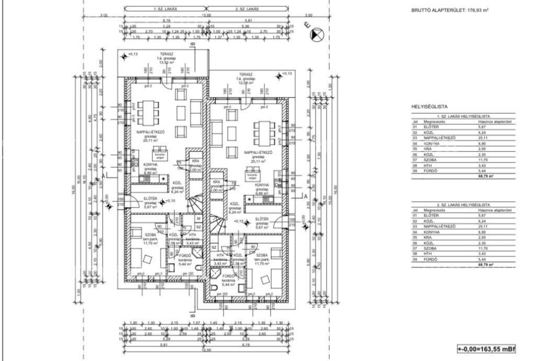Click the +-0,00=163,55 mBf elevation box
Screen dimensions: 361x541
click(486, 350)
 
